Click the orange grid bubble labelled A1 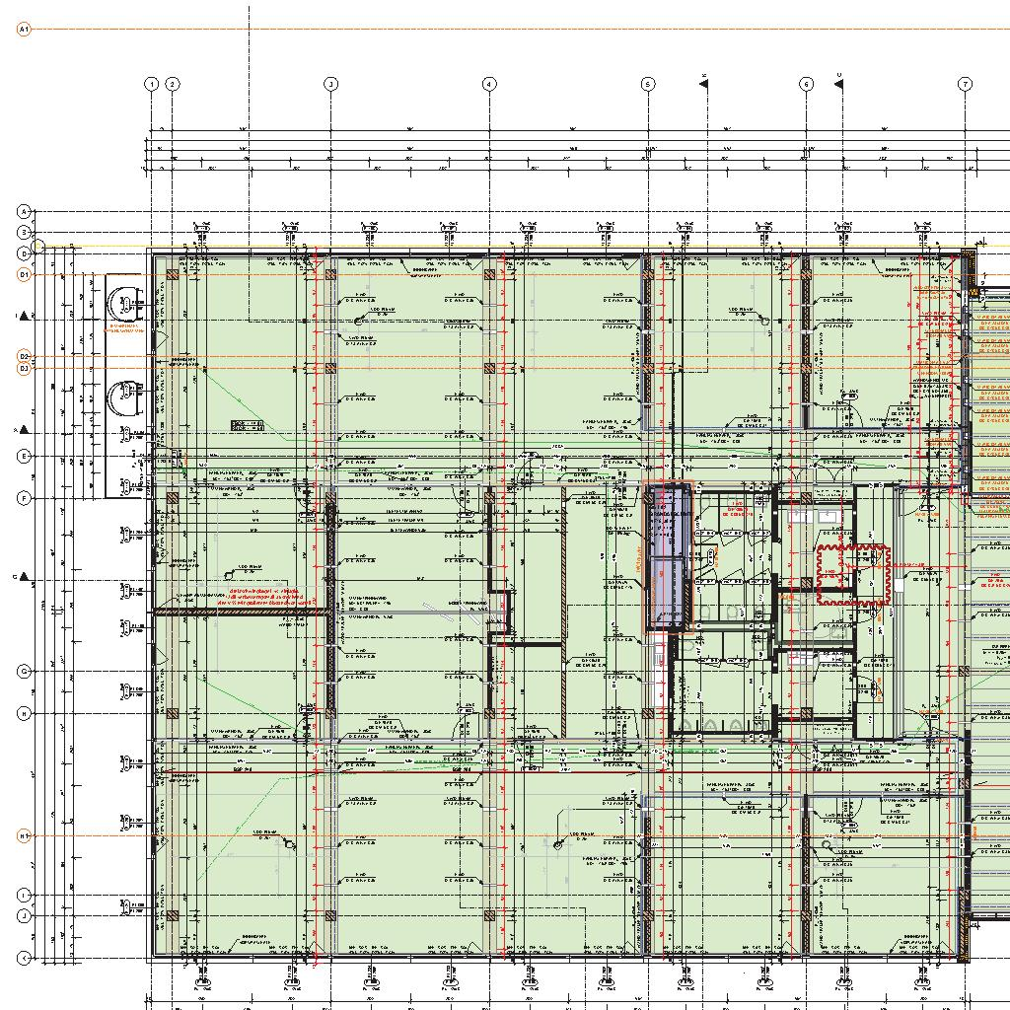[x=25, y=30]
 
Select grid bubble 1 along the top [x=152, y=84]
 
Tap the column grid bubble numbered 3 [x=331, y=84]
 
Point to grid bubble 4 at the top [x=489, y=84]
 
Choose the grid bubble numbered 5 [x=648, y=84]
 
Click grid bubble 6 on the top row [x=807, y=84]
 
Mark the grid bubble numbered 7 [x=966, y=84]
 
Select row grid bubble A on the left [x=25, y=211]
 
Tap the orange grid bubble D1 [x=25, y=274]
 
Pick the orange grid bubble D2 [x=25, y=356]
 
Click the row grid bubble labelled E [x=25, y=457]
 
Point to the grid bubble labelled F [x=25, y=499]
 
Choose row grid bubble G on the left [x=25, y=671]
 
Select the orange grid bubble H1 [x=25, y=835]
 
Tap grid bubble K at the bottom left [x=25, y=958]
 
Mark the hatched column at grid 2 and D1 [x=173, y=276]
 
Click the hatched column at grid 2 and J [x=173, y=916]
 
